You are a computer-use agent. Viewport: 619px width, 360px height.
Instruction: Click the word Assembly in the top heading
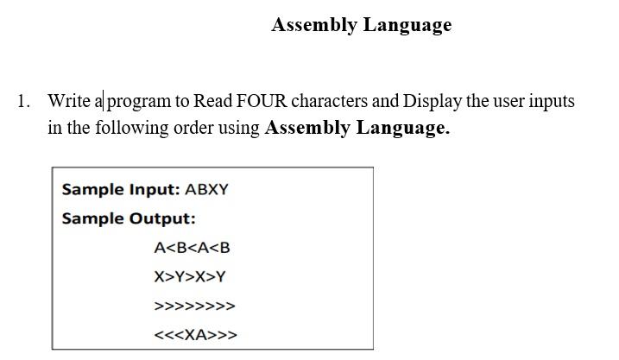point(313,25)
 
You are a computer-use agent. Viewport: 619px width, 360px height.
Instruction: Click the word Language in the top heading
point(407,25)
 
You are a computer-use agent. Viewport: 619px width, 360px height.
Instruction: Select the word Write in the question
point(69,101)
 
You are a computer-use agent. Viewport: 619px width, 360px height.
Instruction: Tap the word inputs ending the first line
point(552,101)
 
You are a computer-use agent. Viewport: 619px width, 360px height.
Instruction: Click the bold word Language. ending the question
point(403,129)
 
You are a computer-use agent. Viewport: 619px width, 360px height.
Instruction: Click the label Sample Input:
point(121,189)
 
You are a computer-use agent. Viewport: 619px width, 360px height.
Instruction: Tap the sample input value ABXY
point(207,189)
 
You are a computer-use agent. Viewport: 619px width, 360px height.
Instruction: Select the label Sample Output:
point(129,218)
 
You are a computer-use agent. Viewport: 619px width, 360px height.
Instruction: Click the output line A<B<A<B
point(192,248)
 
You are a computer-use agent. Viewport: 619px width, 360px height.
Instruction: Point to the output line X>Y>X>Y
point(190,277)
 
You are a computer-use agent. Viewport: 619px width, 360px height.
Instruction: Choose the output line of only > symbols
point(194,306)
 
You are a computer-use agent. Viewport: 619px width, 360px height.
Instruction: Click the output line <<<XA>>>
point(195,335)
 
